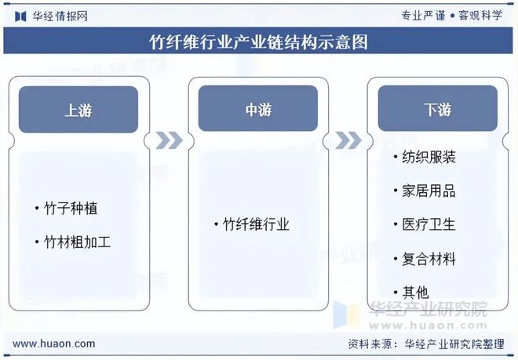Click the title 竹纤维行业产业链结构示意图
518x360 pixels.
click(x=258, y=42)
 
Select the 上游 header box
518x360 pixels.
click(x=78, y=109)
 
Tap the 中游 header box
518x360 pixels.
click(x=258, y=109)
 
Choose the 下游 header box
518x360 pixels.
click(x=438, y=109)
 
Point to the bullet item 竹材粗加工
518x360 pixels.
click(x=77, y=242)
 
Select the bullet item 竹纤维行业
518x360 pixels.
click(x=256, y=225)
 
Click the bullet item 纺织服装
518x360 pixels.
click(x=428, y=157)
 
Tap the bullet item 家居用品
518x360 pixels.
click(x=428, y=191)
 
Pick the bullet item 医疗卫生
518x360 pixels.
click(x=428, y=224)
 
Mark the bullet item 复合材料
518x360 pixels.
click(x=428, y=258)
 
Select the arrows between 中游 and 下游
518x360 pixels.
click(x=348, y=140)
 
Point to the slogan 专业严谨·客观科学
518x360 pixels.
click(x=451, y=15)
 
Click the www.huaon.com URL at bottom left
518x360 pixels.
click(x=55, y=344)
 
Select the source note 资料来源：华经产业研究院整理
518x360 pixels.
click(x=425, y=344)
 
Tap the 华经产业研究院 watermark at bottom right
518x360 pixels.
click(x=428, y=308)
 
